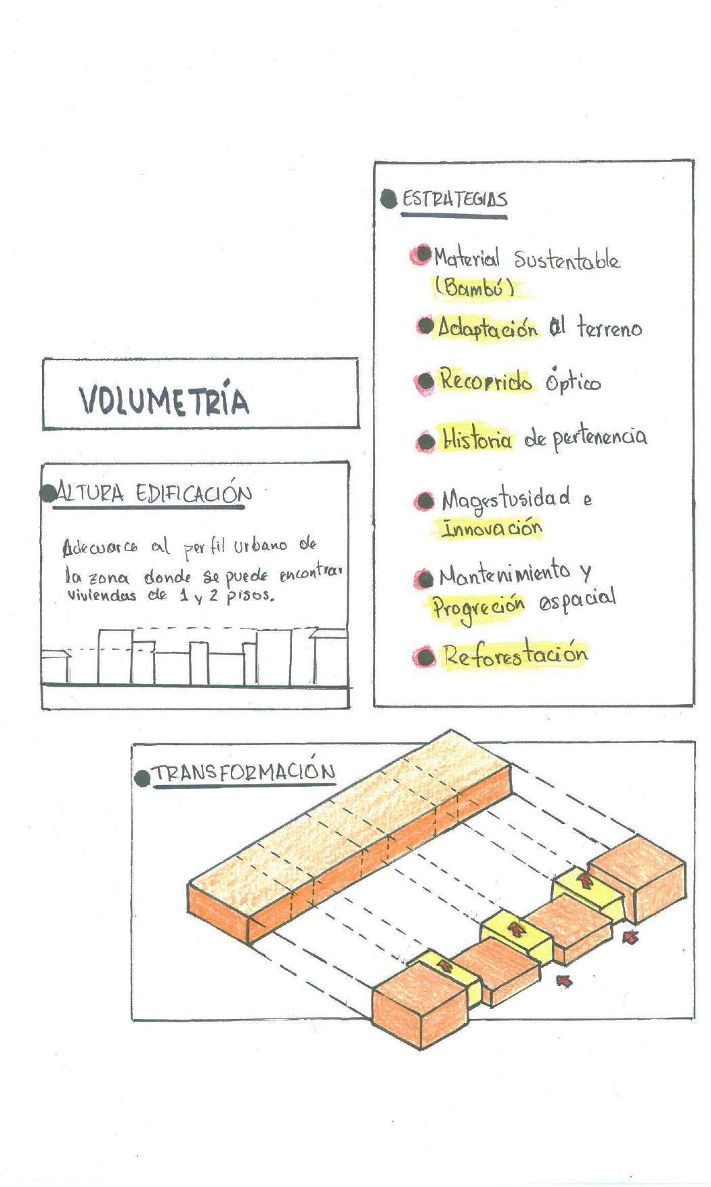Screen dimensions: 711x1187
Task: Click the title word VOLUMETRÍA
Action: pyautogui.click(x=165, y=400)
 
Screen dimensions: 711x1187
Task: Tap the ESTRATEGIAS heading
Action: pyautogui.click(x=454, y=199)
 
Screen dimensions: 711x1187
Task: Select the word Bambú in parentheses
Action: pyautogui.click(x=474, y=287)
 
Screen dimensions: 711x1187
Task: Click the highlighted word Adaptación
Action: pyautogui.click(x=487, y=328)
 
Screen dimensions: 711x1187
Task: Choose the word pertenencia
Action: pyautogui.click(x=599, y=437)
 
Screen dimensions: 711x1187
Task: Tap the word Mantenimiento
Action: pyautogui.click(x=504, y=574)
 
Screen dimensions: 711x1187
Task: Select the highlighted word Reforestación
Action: pyautogui.click(x=515, y=655)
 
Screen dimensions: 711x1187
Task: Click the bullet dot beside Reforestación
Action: pyautogui.click(x=425, y=657)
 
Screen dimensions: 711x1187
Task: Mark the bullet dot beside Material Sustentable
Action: pyautogui.click(x=423, y=255)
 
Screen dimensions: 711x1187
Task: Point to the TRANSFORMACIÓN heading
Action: pyautogui.click(x=243, y=773)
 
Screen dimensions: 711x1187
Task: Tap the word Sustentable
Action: pyautogui.click(x=566, y=259)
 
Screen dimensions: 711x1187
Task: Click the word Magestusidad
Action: pyautogui.click(x=505, y=500)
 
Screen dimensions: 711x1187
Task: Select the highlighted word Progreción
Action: pyautogui.click(x=478, y=605)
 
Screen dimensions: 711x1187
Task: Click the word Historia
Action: pyautogui.click(x=477, y=439)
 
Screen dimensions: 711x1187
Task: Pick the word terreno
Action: pyautogui.click(x=609, y=329)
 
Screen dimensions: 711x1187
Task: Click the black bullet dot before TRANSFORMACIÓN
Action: pyautogui.click(x=142, y=778)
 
